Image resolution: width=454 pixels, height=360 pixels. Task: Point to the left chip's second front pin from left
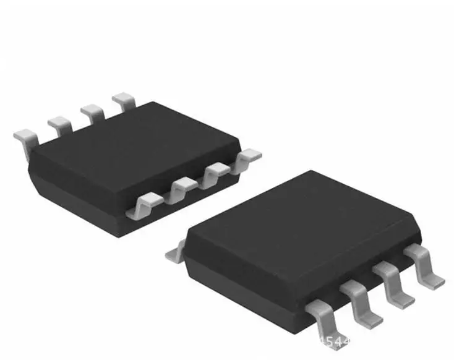(x=181, y=187)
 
